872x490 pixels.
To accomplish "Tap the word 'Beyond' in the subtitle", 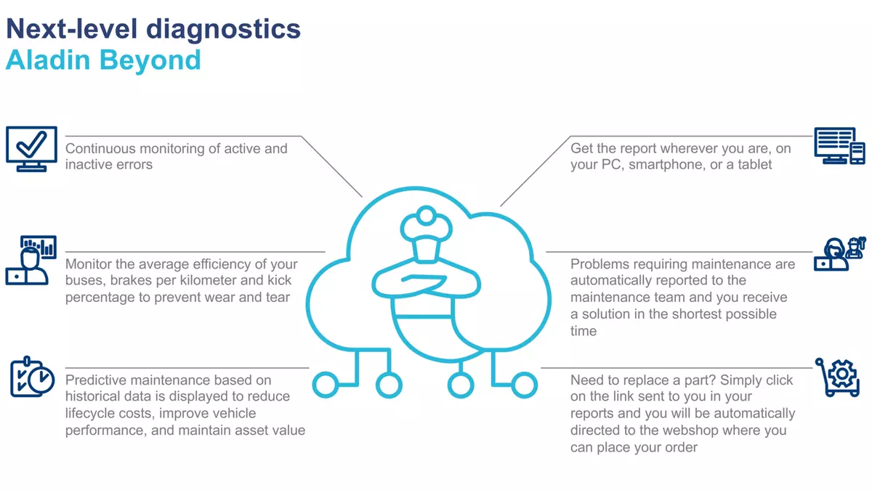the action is [150, 60].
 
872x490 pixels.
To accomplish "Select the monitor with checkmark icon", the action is [31, 149].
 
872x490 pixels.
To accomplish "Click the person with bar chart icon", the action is [31, 260].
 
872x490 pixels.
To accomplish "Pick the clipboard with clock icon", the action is [32, 377].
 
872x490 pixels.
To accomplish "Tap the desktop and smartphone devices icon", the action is [840, 146].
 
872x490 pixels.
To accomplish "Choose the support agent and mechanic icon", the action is [840, 254].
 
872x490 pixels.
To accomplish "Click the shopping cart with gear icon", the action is [838, 377].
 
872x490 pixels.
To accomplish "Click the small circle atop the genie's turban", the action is [427, 216].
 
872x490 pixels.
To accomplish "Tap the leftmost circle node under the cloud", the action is [326, 385].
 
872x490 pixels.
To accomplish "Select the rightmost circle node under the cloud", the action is [525, 385].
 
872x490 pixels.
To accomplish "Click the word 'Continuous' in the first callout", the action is [100, 149].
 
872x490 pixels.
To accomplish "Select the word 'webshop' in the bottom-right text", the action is [691, 430].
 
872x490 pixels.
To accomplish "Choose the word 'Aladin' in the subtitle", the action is [48, 60].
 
